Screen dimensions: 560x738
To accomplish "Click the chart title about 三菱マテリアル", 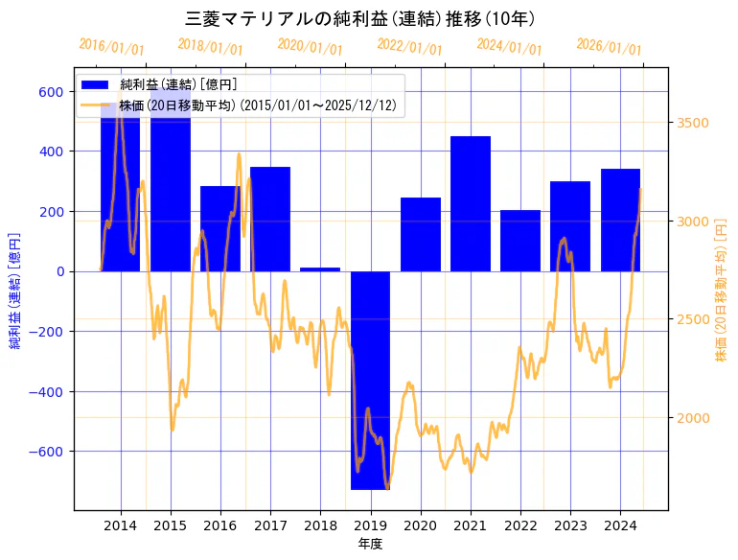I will click(359, 18).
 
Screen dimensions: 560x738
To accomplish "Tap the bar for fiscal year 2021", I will click(471, 203).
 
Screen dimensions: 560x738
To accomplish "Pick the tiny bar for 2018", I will click(320, 269).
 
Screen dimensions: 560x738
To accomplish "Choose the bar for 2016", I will click(220, 228).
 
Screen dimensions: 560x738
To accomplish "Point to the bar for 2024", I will click(620, 220).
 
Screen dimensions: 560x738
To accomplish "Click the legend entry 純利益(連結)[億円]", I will click(178, 85).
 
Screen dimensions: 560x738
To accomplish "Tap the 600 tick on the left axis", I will click(51, 92).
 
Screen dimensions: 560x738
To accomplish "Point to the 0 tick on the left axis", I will click(59, 271).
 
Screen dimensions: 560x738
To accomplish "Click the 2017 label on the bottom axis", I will click(270, 525).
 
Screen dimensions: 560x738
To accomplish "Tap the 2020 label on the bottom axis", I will click(420, 525).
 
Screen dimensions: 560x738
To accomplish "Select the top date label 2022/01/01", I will click(409, 47).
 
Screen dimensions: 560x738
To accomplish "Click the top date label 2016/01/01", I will click(111, 47).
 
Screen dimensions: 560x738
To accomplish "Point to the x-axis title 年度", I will click(370, 544).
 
